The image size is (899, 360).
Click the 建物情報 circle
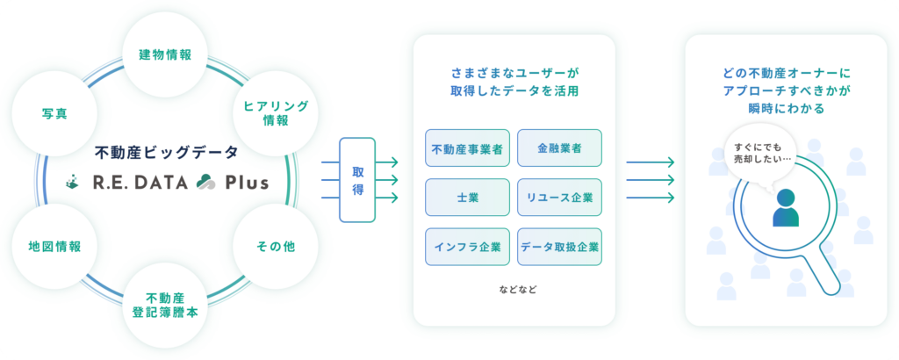(165, 55)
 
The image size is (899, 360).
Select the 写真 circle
(54, 113)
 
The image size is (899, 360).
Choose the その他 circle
(275, 247)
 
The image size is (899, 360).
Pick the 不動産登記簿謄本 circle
(165, 306)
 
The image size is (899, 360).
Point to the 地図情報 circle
(54, 247)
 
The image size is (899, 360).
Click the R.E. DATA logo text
(140, 183)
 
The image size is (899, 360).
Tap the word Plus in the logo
(247, 183)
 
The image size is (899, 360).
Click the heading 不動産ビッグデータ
(166, 153)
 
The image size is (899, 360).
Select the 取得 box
(357, 180)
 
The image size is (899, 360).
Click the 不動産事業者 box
(467, 148)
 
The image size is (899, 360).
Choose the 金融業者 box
(559, 148)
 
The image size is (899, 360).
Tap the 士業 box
(467, 198)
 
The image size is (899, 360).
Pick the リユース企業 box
(559, 198)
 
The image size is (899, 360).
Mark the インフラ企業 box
(467, 247)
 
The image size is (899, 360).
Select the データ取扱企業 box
(559, 247)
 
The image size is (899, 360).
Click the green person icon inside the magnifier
(786, 208)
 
